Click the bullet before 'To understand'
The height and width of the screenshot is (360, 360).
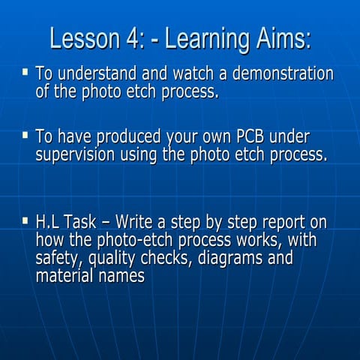(25, 73)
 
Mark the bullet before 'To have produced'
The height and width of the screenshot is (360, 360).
(25, 136)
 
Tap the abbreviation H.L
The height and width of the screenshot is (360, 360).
(49, 223)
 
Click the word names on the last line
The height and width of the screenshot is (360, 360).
(118, 276)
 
